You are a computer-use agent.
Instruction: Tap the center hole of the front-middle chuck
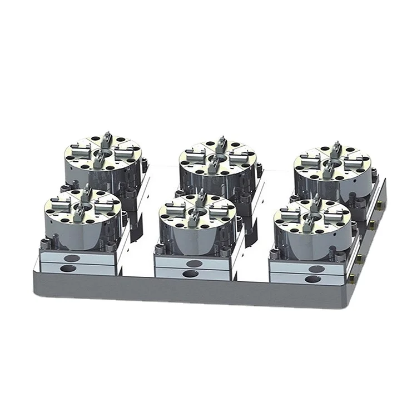click(x=198, y=212)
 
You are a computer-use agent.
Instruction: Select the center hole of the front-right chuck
click(x=313, y=217)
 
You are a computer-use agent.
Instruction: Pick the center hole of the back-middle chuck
click(x=218, y=158)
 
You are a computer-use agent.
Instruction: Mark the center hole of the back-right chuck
click(x=332, y=164)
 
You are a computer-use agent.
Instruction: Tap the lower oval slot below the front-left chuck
click(x=69, y=269)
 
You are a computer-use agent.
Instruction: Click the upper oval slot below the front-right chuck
click(x=316, y=269)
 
